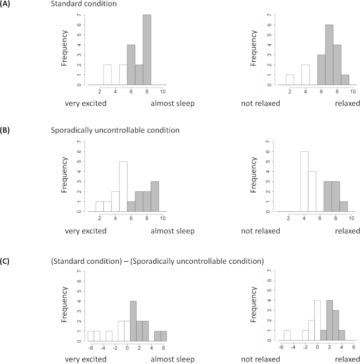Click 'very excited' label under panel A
85,103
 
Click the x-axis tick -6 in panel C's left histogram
91,348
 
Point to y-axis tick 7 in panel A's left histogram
79,16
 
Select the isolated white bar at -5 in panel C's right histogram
287,336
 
